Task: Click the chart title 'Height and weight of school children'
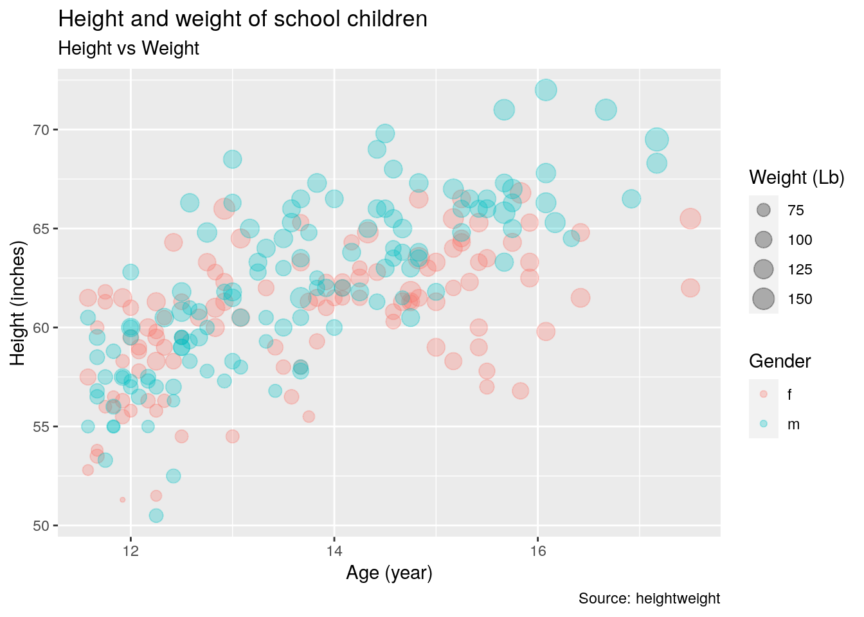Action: (x=242, y=19)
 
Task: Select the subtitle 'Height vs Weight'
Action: (x=129, y=49)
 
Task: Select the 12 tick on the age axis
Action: (x=130, y=551)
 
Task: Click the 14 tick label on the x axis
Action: (x=334, y=551)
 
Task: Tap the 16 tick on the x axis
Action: (x=537, y=551)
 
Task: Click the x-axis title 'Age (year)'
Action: (x=389, y=573)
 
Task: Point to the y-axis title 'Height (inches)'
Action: (x=19, y=303)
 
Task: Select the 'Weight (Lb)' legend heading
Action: (x=797, y=178)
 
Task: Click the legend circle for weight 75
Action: (x=764, y=210)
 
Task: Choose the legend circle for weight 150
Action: (x=764, y=299)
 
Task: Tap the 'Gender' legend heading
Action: (x=780, y=362)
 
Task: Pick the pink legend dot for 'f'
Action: (x=764, y=394)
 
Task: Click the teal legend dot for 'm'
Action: (x=764, y=424)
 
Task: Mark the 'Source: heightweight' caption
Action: (x=649, y=599)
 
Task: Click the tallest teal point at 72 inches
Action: (x=546, y=90)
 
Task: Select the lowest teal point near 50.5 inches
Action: (x=156, y=515)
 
